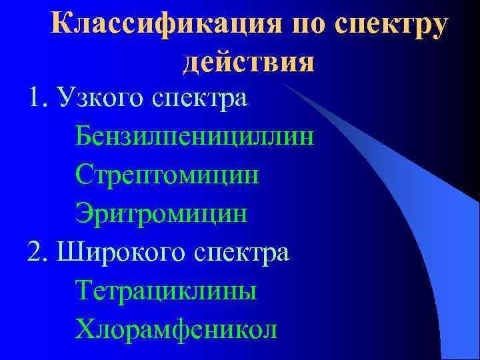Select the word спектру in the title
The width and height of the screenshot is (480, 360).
point(392,27)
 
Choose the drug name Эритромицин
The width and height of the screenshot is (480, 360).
point(161,215)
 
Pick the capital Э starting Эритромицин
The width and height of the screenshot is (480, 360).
point(84,213)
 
